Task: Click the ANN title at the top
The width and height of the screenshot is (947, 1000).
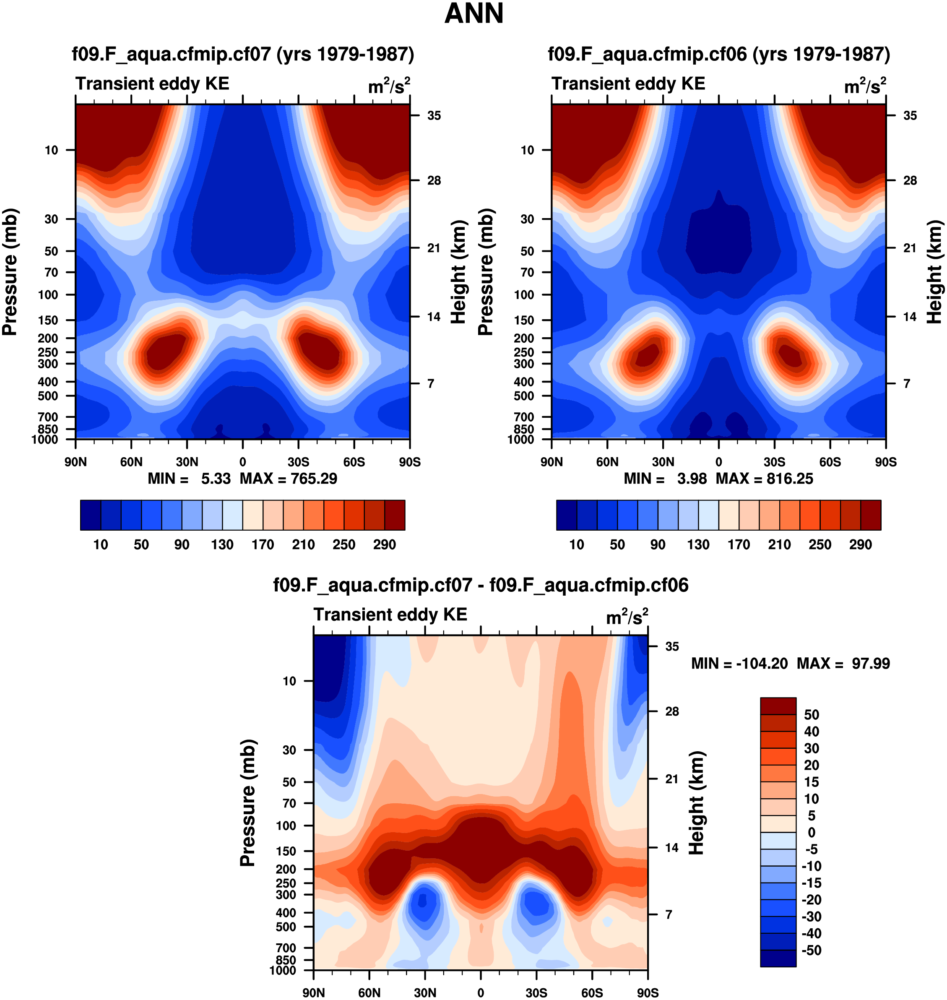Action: (x=473, y=13)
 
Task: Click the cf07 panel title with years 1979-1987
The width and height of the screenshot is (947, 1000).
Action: (x=243, y=54)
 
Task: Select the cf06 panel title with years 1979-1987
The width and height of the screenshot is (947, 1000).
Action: (x=719, y=54)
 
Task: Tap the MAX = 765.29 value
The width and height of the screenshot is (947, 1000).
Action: (x=288, y=479)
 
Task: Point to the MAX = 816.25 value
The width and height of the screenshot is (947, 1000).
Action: (x=764, y=479)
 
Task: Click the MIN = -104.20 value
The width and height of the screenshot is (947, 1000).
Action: (x=739, y=663)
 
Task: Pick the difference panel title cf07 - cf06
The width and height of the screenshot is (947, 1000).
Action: (x=481, y=585)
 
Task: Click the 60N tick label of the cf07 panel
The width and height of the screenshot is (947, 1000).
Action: (x=131, y=462)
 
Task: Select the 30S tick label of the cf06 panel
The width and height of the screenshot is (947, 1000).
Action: (x=774, y=462)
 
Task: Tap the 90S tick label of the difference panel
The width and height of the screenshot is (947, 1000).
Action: (x=648, y=993)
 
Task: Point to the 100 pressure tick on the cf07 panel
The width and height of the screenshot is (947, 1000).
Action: (x=48, y=295)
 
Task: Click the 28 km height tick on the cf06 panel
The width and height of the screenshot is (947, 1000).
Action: (x=910, y=181)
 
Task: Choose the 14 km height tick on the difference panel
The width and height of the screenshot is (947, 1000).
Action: (x=671, y=848)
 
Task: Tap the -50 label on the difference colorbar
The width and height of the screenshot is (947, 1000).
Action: (x=811, y=950)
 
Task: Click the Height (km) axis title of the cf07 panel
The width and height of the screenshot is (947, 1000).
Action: (x=458, y=272)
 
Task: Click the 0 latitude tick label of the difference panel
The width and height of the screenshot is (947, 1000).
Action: (x=481, y=993)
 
